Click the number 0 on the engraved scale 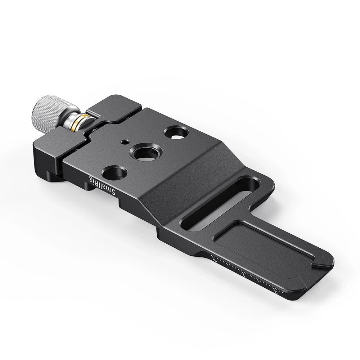coord(215,258)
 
